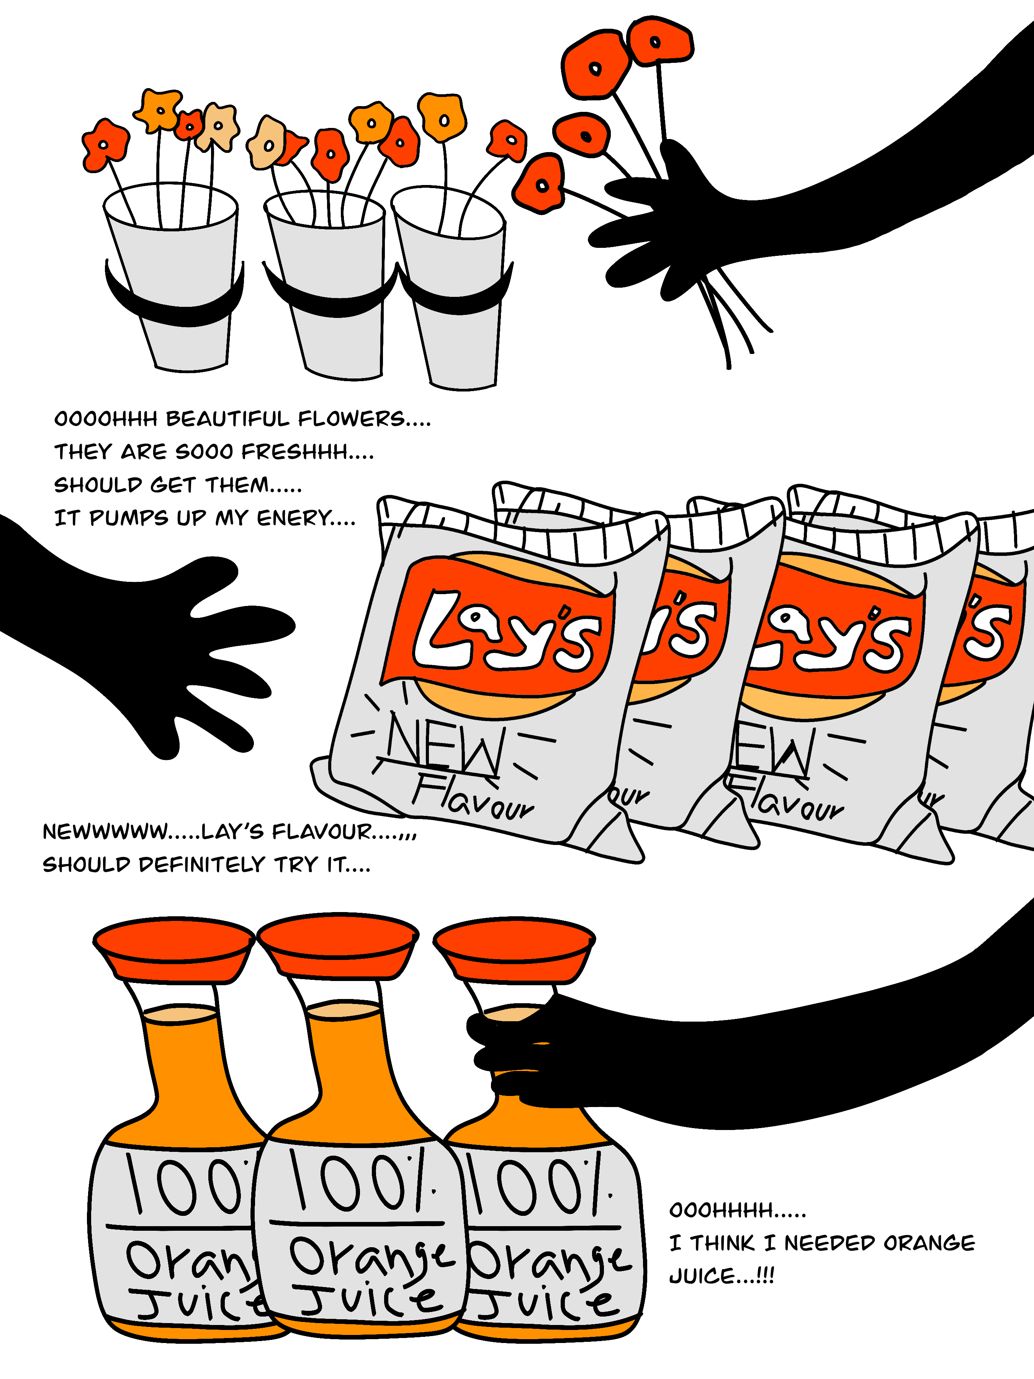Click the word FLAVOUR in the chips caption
pyautogui.click(x=322, y=832)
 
